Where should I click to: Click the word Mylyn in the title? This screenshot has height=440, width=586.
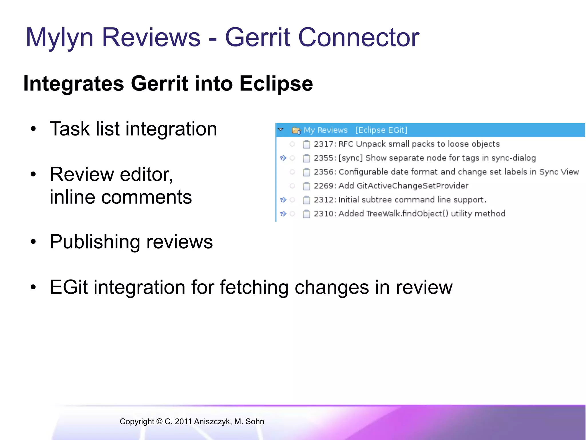point(60,38)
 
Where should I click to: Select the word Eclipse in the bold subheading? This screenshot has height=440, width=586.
point(276,84)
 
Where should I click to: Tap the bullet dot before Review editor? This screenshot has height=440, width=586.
point(33,174)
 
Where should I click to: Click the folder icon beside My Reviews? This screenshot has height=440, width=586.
point(296,131)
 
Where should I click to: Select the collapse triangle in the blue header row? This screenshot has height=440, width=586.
point(281,130)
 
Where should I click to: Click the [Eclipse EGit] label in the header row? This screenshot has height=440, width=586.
point(381,130)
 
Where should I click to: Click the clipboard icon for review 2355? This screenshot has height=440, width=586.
point(306,158)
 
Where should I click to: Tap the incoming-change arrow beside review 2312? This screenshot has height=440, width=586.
point(283,200)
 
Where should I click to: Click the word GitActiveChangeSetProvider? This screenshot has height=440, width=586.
point(412,186)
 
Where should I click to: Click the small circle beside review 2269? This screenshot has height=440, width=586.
point(292,186)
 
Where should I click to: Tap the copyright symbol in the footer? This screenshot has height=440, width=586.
point(159,422)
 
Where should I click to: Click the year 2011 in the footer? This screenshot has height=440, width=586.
point(183,422)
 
